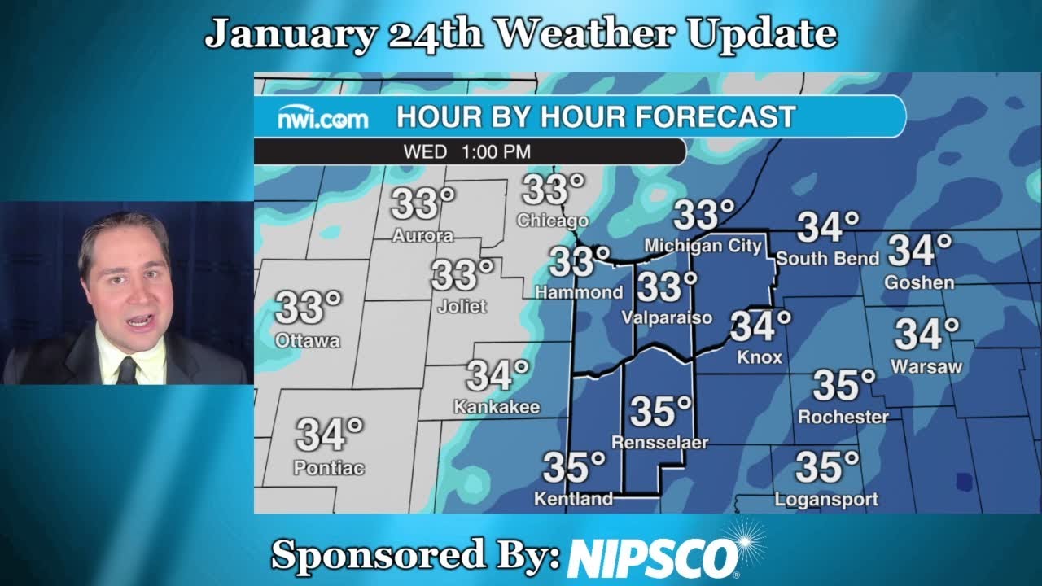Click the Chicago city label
coord(552,221)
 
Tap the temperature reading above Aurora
coord(422,203)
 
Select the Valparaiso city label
coord(667,318)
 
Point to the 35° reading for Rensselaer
coord(660,412)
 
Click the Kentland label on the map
coord(573,499)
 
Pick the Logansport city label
coord(826,499)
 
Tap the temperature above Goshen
coord(920,251)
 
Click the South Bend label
coord(827,259)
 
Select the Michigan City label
coord(703,246)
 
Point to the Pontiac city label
coord(329,468)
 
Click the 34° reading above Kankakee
coord(497,376)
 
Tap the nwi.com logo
coord(322,119)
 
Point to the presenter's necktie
coord(126,370)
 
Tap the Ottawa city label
coord(307,341)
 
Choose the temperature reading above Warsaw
coord(926,334)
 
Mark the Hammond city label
coord(578,292)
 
